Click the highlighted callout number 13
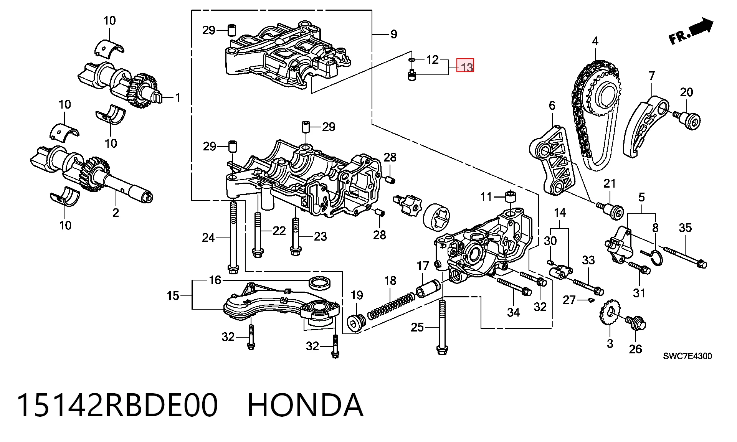tap(465, 66)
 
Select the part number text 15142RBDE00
tap(117, 405)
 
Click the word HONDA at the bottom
tap(305, 405)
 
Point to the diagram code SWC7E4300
tap(687, 356)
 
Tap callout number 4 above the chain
tap(595, 41)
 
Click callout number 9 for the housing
tap(393, 34)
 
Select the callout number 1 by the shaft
tap(178, 97)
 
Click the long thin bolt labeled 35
tap(685, 257)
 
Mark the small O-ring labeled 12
tap(411, 60)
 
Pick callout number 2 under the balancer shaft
tap(116, 212)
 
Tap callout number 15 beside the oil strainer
tap(173, 296)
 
